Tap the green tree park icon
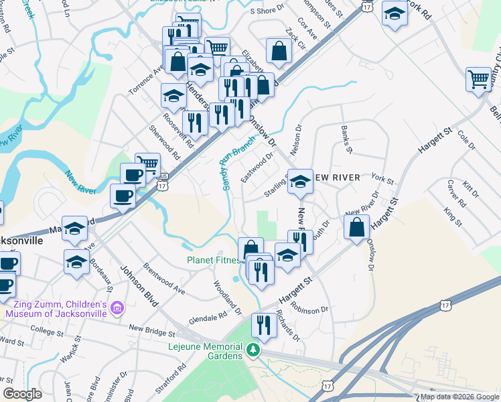coord(253,350)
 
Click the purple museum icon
coord(118,308)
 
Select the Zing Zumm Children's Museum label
coord(57,308)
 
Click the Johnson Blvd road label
coord(139,287)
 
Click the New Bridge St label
coord(152,330)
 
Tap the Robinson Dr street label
coord(309,310)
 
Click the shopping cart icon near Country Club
coord(479,79)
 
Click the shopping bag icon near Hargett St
coord(357,228)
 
